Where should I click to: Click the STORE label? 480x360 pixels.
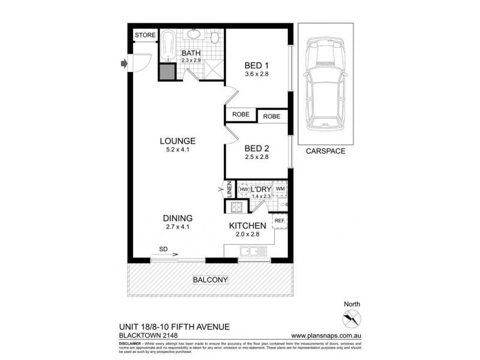tap(145, 35)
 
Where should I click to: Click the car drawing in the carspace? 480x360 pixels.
tap(325, 84)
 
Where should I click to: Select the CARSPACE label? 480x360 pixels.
tap(325, 151)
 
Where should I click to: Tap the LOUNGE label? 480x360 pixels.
tap(178, 141)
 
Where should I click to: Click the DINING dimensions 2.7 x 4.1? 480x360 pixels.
tap(177, 227)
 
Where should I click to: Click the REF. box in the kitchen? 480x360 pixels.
tap(280, 221)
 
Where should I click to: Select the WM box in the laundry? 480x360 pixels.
tap(280, 189)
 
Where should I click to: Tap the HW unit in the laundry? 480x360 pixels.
tap(244, 190)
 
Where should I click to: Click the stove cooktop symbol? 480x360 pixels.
tap(233, 208)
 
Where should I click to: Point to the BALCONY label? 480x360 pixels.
tap(209, 280)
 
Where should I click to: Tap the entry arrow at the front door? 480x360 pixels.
tap(124, 62)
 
